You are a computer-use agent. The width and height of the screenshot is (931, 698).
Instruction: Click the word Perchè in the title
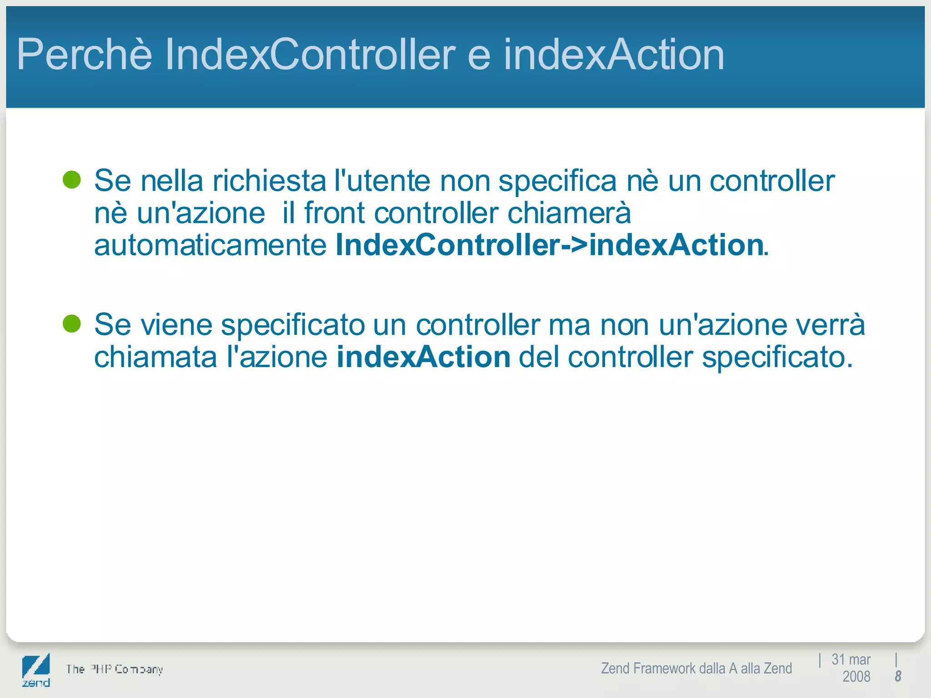[84, 55]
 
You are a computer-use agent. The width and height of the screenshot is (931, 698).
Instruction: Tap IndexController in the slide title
[310, 55]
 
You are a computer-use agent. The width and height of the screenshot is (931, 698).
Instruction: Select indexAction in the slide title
[614, 55]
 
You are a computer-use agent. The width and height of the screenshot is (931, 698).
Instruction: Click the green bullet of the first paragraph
[72, 180]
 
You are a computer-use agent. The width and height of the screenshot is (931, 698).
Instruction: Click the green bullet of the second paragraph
[72, 324]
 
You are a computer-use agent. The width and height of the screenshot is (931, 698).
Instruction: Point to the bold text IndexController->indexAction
[549, 245]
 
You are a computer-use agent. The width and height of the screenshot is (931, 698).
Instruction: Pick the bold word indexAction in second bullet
[424, 357]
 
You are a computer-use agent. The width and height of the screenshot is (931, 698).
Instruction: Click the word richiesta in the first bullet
[269, 181]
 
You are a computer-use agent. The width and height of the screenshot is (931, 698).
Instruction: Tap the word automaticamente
[210, 245]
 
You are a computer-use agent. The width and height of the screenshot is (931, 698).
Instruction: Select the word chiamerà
[569, 213]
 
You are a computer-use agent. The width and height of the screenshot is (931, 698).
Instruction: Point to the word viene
[176, 325]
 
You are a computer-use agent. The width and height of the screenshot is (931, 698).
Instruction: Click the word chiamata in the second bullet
[155, 357]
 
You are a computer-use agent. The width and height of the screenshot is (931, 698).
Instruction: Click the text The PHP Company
[114, 669]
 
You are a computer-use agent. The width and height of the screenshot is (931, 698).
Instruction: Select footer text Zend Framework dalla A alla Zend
[696, 668]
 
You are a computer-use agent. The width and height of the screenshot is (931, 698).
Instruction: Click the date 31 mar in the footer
[851, 659]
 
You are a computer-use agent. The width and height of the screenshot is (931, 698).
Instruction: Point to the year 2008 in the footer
[856, 677]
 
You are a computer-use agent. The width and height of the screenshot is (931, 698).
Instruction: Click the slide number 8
[898, 677]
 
